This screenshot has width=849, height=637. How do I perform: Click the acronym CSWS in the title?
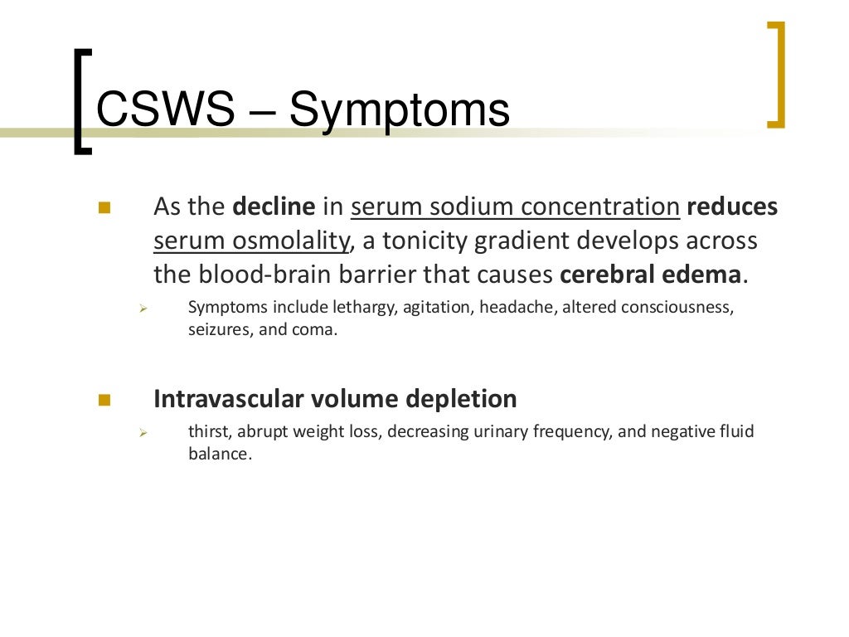pyautogui.click(x=165, y=110)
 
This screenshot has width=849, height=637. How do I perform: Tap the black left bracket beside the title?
pyautogui.click(x=81, y=101)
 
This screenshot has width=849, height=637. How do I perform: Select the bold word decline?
pyautogui.click(x=274, y=207)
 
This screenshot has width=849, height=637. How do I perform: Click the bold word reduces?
pyautogui.click(x=732, y=207)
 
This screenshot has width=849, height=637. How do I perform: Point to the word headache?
pyautogui.click(x=523, y=308)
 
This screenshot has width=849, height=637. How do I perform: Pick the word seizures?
pyautogui.click(x=217, y=329)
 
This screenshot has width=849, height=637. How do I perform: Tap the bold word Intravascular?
pyautogui.click(x=229, y=399)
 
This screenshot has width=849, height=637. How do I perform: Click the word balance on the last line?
pyautogui.click(x=218, y=454)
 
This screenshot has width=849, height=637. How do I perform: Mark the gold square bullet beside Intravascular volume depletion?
pyautogui.click(x=104, y=400)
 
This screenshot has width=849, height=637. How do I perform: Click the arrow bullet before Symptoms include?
pyautogui.click(x=143, y=309)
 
